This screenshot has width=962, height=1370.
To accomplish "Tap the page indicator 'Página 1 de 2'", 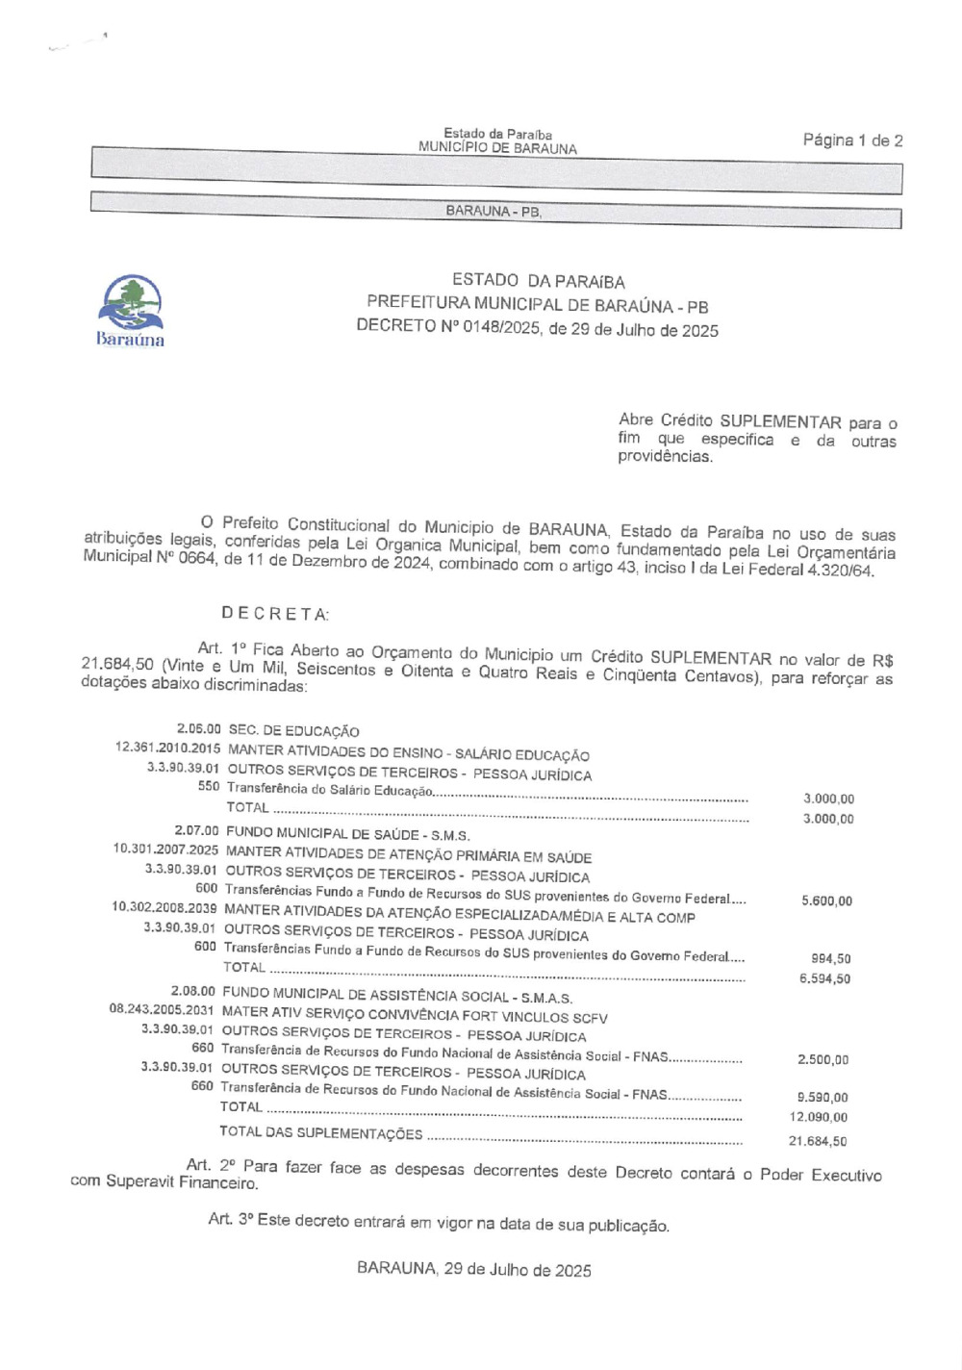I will [x=852, y=140].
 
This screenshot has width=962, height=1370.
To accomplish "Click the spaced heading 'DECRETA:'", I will [x=275, y=613].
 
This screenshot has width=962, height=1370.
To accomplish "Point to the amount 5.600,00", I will [x=826, y=901].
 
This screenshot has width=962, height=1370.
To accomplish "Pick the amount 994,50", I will [x=830, y=959].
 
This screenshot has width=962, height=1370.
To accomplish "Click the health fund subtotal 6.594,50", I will [x=824, y=979].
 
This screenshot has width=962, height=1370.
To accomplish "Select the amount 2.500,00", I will [x=823, y=1060].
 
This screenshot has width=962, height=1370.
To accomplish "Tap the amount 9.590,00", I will [x=823, y=1098].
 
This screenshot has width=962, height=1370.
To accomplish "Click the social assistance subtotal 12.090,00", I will [x=819, y=1118].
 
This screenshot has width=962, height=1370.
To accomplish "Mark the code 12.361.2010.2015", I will [x=167, y=748].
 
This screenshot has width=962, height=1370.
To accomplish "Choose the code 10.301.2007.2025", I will [x=165, y=850].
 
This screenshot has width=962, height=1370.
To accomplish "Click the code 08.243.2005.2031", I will [x=162, y=1010].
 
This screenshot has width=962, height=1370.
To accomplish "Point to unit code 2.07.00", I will [x=196, y=830].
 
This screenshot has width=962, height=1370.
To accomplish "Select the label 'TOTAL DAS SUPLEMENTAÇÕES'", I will [x=320, y=1133].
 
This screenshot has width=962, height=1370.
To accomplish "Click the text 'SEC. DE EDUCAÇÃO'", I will [x=293, y=731].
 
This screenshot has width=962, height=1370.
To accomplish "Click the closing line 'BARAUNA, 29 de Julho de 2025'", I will [x=473, y=1269].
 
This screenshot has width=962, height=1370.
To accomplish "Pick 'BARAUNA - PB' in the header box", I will [x=494, y=212].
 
